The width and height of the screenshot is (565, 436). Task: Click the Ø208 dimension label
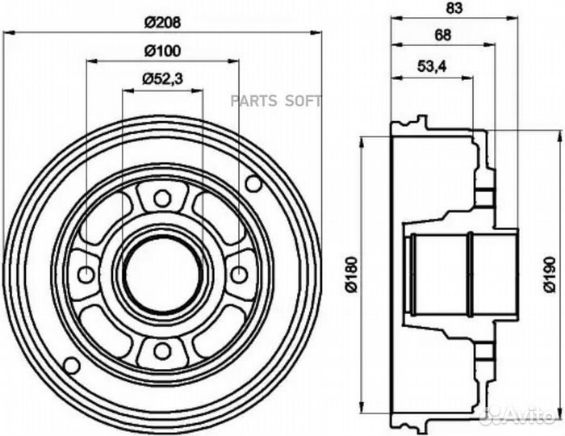tap(162, 23)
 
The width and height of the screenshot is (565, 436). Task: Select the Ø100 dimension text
tap(162, 51)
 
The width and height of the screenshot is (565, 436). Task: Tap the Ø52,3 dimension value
tap(162, 78)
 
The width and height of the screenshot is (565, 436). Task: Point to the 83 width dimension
tap(454, 8)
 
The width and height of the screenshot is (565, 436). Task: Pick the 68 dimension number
tap(443, 35)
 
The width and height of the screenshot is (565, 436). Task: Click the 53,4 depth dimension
tap(432, 66)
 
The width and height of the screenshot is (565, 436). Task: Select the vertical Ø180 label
tap(351, 274)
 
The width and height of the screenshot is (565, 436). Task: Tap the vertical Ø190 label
tap(550, 274)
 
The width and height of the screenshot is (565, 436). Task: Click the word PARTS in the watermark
tap(253, 101)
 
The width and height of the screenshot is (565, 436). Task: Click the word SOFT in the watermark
tap(303, 101)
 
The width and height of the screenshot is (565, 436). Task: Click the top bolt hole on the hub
tap(162, 199)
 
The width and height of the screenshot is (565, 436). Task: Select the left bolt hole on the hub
tap(86, 275)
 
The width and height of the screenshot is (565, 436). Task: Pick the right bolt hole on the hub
tap(239, 275)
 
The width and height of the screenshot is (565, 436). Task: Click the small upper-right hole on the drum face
tap(253, 183)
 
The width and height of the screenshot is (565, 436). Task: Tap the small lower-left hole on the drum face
tap(71, 366)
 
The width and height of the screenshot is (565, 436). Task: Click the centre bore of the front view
tap(162, 275)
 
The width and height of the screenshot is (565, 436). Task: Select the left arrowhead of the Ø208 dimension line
tap(8, 33)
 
